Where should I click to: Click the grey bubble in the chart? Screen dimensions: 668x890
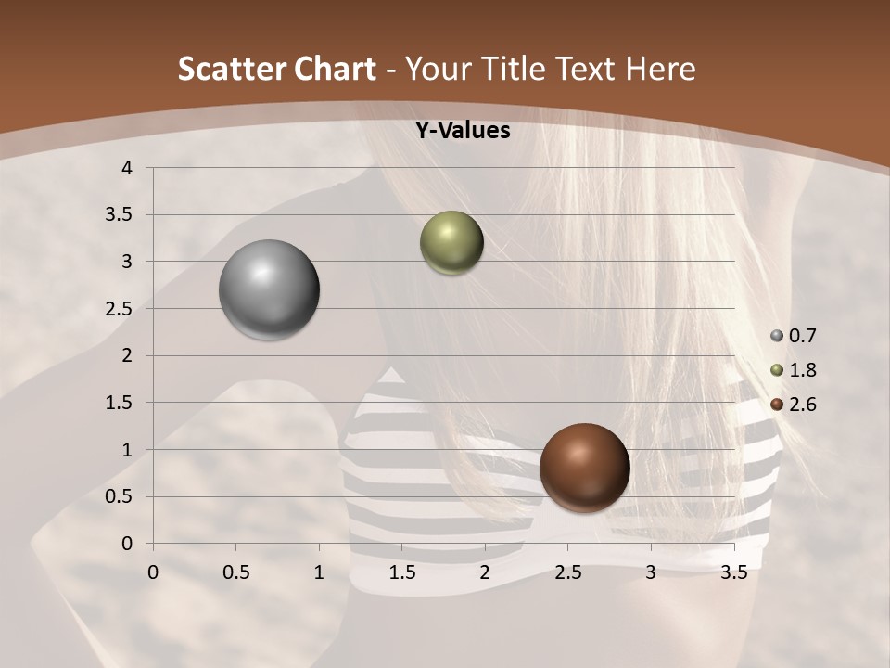269,289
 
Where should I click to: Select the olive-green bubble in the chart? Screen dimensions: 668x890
451,243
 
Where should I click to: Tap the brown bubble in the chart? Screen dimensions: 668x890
584,468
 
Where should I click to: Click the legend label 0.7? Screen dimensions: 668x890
802,336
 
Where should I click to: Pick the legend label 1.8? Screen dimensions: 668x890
802,370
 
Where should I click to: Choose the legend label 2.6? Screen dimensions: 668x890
802,405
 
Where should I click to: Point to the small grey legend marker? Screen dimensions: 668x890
777,336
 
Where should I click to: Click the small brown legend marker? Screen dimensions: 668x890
777,405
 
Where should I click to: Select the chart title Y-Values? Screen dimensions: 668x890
462,131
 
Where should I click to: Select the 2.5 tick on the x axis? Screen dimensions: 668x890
567,572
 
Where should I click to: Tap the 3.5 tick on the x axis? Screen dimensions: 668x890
733,572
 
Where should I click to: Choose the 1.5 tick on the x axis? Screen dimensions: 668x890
401,572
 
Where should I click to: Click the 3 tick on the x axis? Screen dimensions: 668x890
651,572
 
